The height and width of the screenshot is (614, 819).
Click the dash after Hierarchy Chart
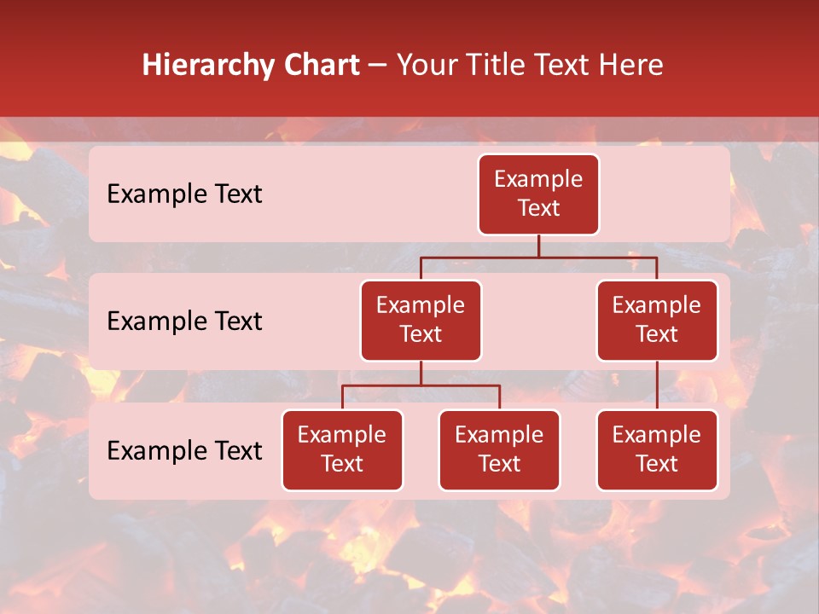tap(376, 66)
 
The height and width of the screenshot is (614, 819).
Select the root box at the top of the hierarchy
tap(538, 194)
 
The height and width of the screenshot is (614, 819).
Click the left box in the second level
tap(421, 321)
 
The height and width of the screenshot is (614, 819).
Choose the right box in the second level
tap(657, 321)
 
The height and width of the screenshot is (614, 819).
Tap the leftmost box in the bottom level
tap(342, 450)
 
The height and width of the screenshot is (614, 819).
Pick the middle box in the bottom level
tap(499, 450)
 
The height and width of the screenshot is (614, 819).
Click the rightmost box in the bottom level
tap(657, 450)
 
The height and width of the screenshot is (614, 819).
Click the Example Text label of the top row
tap(184, 194)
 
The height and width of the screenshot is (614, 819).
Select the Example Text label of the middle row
tap(184, 321)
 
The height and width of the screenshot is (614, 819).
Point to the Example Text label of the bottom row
tap(184, 451)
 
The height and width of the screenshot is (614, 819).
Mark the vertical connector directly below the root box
tap(538, 246)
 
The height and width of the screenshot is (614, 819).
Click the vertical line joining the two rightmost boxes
tap(657, 385)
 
